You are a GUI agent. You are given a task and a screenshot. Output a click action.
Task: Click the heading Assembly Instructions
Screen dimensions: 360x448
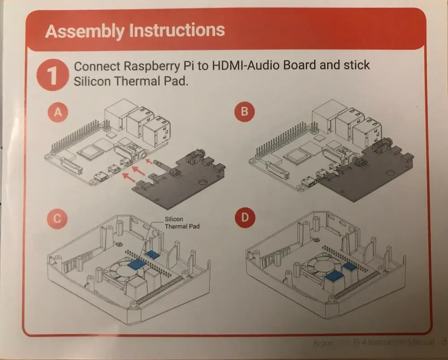[x=135, y=31]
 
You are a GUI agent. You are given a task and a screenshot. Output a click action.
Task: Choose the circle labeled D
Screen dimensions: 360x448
[x=244, y=218]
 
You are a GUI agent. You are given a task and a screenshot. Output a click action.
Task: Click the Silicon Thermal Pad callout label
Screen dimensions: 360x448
[x=182, y=223]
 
